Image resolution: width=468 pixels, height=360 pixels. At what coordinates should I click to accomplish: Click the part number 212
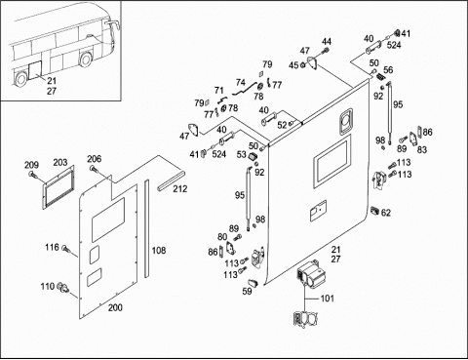point(180,189)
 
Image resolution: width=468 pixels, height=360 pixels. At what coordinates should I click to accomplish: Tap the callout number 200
point(115,307)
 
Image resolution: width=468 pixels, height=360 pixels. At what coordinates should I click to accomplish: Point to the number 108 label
point(159,251)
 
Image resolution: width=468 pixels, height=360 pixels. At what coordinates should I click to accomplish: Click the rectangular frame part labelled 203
point(58,187)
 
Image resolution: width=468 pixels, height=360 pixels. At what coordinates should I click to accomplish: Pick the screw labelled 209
point(32,175)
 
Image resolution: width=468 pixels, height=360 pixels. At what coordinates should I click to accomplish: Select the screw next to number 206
point(94,169)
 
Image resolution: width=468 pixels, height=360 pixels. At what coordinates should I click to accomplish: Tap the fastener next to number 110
point(63,288)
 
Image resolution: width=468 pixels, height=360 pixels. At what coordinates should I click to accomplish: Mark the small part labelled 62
point(374,211)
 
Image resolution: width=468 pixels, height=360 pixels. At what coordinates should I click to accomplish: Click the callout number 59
point(247,291)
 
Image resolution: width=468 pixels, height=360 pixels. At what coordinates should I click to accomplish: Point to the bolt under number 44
point(326,51)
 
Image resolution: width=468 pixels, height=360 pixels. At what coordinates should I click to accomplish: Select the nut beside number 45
point(302,65)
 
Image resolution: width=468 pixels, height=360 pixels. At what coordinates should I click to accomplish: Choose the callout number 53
point(242,154)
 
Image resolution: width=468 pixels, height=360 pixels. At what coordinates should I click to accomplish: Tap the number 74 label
point(241,82)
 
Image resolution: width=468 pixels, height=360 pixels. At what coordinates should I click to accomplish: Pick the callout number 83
point(422,149)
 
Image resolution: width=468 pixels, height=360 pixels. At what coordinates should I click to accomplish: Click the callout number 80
point(222,237)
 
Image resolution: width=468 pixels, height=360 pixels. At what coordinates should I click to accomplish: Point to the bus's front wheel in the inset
point(86,60)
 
